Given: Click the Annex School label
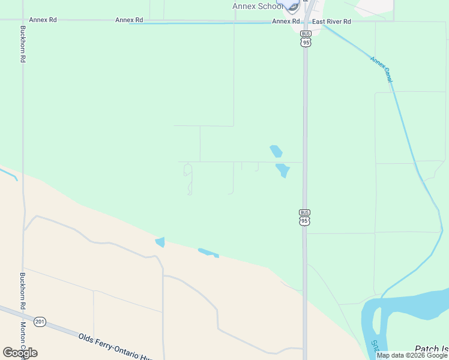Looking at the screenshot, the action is click(x=257, y=7).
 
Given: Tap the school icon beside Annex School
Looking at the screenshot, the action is click(x=292, y=5).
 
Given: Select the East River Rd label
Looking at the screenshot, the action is click(x=331, y=21).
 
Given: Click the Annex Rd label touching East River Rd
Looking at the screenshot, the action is click(x=286, y=21).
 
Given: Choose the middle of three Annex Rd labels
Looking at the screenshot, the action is click(x=128, y=20).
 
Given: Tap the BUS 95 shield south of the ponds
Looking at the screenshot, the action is click(x=305, y=217).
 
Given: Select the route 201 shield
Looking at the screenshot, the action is click(x=40, y=322).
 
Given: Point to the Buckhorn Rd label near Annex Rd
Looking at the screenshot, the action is click(x=23, y=44).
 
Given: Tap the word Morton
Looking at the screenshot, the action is click(x=23, y=333).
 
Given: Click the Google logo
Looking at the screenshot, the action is click(x=20, y=353).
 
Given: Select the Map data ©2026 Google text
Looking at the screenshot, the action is click(x=412, y=355).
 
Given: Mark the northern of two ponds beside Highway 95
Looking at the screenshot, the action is click(x=276, y=151).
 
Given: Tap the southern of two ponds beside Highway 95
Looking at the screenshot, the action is click(x=282, y=170).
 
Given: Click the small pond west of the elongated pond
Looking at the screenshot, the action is click(x=160, y=242).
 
